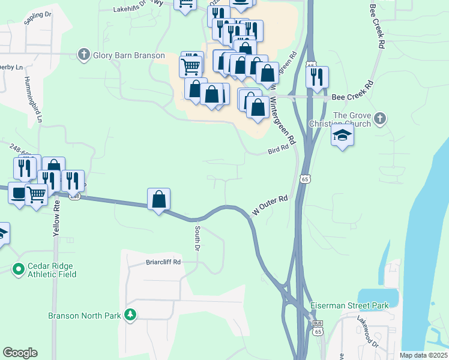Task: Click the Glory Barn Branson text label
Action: point(128,55)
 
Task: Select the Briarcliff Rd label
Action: point(163,262)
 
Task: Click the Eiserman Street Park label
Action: point(349,305)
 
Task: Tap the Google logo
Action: point(20,353)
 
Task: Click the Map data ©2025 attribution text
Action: point(423,355)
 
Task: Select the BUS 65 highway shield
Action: point(318,327)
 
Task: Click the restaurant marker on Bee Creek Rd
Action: point(317,77)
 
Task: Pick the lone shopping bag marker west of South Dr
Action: point(158,199)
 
